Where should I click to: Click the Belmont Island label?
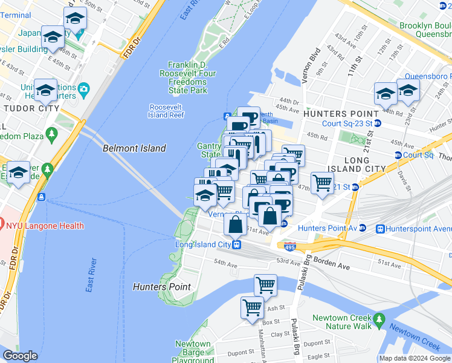point(134,148)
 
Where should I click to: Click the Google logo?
point(20,356)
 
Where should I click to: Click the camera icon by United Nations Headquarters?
point(84,89)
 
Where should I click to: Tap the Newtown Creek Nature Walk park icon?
point(379,318)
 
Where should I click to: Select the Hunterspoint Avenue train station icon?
point(381,229)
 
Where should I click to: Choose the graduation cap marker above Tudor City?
point(45,90)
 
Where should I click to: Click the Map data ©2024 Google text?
point(414,358)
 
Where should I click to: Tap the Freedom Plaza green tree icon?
point(52,132)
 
